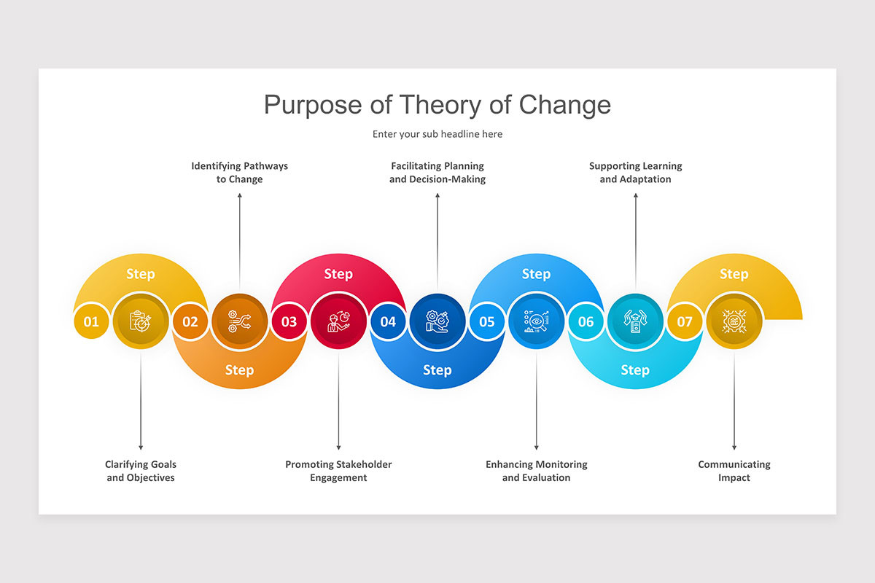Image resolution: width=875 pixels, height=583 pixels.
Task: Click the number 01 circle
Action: tap(91, 321)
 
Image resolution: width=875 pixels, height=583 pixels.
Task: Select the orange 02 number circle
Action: tap(190, 321)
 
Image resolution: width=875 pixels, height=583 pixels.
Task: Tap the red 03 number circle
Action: tap(289, 321)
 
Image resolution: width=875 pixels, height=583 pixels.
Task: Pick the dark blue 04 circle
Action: tap(388, 321)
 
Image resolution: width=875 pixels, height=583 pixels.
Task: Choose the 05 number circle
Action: tap(487, 321)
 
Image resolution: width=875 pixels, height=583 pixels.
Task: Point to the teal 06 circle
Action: tap(586, 321)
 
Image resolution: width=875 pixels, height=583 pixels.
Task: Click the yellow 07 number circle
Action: tap(685, 321)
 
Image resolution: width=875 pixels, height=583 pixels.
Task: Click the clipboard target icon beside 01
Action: tap(141, 321)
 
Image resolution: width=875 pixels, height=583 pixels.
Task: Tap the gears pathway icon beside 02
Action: tap(239, 321)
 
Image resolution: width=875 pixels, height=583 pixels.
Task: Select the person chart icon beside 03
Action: tap(338, 321)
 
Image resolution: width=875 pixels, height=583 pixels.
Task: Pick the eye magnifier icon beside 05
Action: tap(536, 321)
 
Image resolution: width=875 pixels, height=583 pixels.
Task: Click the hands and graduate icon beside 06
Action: tap(635, 321)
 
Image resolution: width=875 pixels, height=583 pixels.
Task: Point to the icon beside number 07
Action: tap(734, 321)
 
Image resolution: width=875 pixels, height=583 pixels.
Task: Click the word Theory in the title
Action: tap(442, 105)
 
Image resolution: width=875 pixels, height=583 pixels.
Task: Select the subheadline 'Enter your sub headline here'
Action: tap(437, 134)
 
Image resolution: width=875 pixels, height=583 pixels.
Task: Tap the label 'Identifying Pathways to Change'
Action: tap(239, 173)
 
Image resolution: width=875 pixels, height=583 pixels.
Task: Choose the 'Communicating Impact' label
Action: tap(734, 471)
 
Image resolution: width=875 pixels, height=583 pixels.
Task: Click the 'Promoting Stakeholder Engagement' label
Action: tap(338, 471)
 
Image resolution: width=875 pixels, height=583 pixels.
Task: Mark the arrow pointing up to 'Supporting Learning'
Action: tap(635, 240)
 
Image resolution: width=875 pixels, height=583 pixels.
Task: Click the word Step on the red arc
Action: tap(338, 274)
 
